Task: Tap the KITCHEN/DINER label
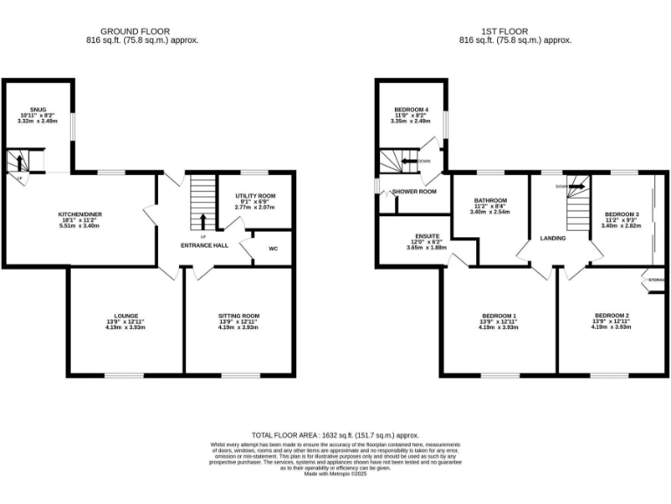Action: pos(77,213)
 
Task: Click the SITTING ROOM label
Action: pos(239,316)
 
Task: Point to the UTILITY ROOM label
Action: pos(255,196)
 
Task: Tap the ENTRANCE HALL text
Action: pos(204,245)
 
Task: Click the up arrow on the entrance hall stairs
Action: pos(204,220)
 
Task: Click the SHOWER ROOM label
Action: pos(414,191)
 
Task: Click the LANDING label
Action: pos(552,238)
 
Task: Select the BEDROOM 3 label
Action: pos(621,213)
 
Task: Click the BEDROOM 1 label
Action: pos(499,316)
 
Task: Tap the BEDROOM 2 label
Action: pos(612,316)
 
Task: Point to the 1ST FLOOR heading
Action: pos(515,31)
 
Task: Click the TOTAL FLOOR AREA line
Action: pos(335,435)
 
